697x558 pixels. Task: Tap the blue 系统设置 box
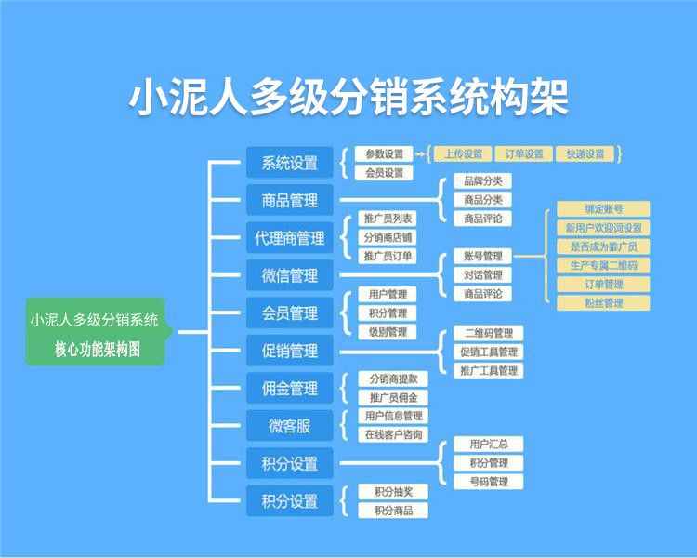tap(289, 163)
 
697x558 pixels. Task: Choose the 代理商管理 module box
tap(289, 238)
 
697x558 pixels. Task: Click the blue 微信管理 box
tap(289, 276)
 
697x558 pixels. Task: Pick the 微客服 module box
tap(289, 426)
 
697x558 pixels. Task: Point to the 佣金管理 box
tap(289, 389)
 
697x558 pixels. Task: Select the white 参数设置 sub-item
tap(384, 154)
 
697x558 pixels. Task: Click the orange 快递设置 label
tap(585, 154)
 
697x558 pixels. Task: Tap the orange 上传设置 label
tap(463, 154)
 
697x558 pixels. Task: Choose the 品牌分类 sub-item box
tap(482, 181)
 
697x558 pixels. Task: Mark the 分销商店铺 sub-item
tap(388, 237)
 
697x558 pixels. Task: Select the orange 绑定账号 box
tap(603, 209)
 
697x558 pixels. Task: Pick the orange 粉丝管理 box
tap(603, 302)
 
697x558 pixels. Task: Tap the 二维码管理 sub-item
tap(489, 333)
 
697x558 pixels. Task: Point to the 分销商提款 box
tap(392, 379)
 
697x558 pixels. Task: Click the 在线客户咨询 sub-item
tap(393, 434)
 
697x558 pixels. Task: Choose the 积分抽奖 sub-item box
tap(393, 491)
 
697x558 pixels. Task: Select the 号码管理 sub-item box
tap(489, 482)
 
